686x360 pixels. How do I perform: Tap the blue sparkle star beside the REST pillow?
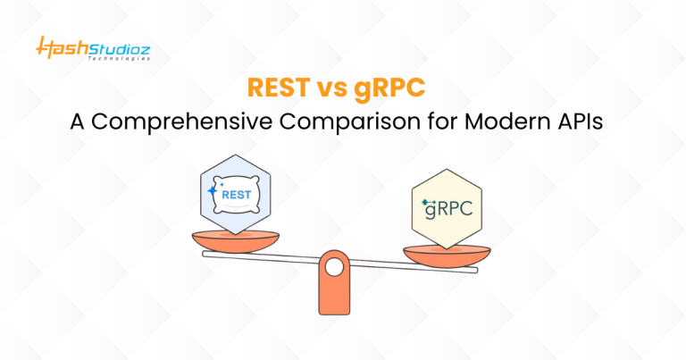pyautogui.click(x=213, y=190)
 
